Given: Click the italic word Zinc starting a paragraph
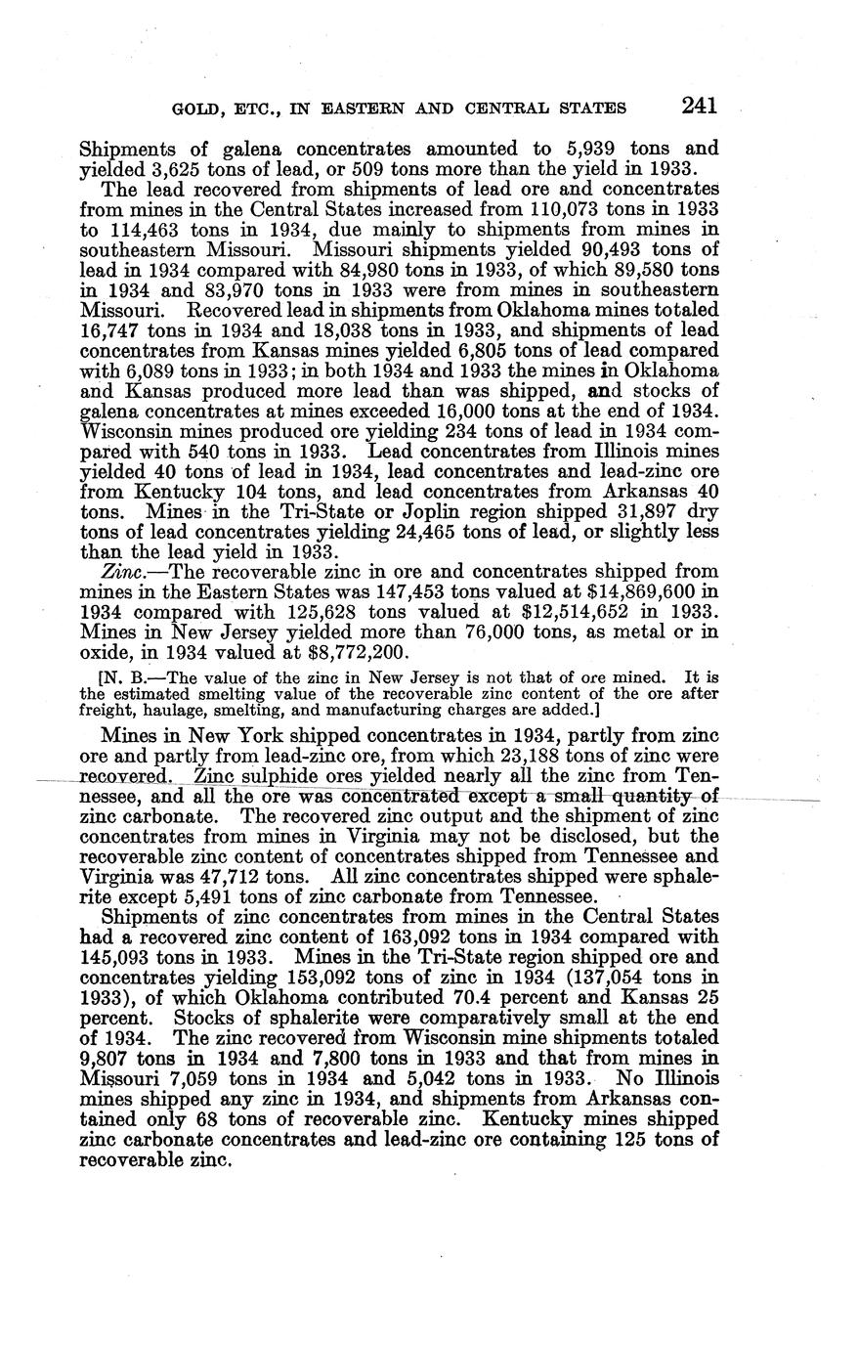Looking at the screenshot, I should pyautogui.click(x=121, y=571).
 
